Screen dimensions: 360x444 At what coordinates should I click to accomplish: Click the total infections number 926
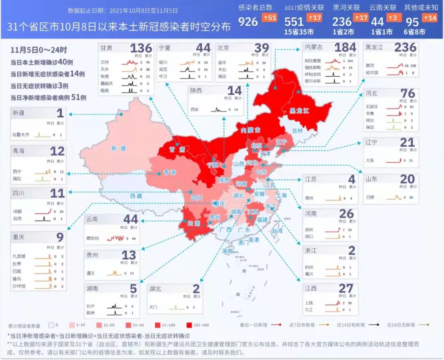point(248,21)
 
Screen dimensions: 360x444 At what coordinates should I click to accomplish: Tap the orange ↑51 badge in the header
point(270,18)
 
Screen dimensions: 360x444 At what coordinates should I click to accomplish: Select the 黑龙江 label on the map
point(299,111)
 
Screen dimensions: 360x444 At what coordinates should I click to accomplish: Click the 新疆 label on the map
point(118,148)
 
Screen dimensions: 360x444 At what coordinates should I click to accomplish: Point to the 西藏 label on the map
point(136,196)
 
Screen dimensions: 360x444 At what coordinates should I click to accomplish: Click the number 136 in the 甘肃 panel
point(141,49)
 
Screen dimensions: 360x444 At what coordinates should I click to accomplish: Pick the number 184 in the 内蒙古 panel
point(345,47)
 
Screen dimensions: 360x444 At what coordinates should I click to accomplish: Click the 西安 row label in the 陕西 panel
point(194,110)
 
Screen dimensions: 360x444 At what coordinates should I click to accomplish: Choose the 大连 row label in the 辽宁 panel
point(370,160)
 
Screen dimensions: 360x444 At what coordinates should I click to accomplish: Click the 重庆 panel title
point(18,237)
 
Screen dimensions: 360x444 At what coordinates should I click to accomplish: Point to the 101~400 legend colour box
point(191,325)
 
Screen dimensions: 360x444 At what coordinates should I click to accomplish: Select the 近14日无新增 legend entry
point(401,325)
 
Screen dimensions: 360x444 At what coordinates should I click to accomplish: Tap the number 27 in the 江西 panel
point(346,288)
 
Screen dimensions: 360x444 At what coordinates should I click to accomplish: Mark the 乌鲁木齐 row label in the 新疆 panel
point(21,135)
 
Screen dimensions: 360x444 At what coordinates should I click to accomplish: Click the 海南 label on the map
point(228,251)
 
